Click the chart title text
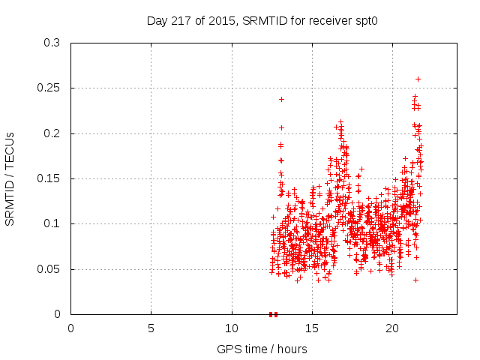click(x=262, y=21)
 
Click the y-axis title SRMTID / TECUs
click(x=10, y=178)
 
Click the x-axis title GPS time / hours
click(x=262, y=349)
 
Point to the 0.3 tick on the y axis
click(x=52, y=43)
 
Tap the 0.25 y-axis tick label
click(x=49, y=88)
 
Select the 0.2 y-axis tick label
click(x=52, y=133)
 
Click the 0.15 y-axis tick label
click(x=49, y=178)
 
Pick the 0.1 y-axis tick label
click(x=52, y=223)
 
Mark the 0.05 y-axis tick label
click(x=49, y=269)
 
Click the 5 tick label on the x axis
click(x=151, y=328)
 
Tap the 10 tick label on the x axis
click(x=232, y=328)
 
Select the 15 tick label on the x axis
click(x=312, y=328)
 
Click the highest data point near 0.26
click(x=418, y=79)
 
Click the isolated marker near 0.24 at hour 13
click(x=281, y=99)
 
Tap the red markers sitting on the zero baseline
click(x=273, y=314)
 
